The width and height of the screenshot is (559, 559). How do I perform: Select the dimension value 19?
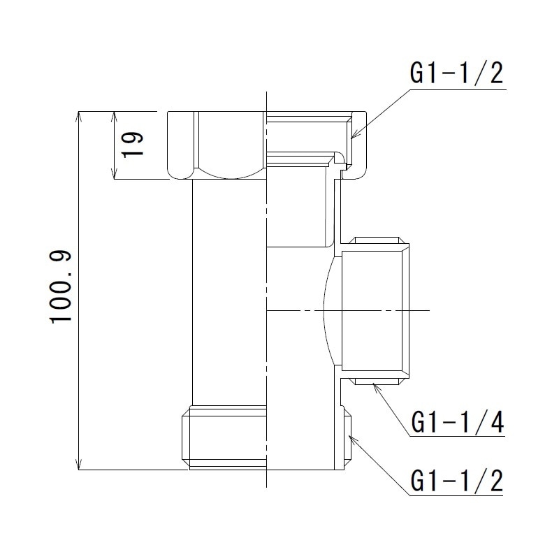click(131, 144)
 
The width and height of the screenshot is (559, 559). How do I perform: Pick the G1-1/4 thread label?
click(456, 423)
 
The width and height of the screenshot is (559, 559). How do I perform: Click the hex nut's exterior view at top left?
click(217, 144)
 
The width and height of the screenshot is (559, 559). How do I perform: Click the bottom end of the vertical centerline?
click(266, 486)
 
